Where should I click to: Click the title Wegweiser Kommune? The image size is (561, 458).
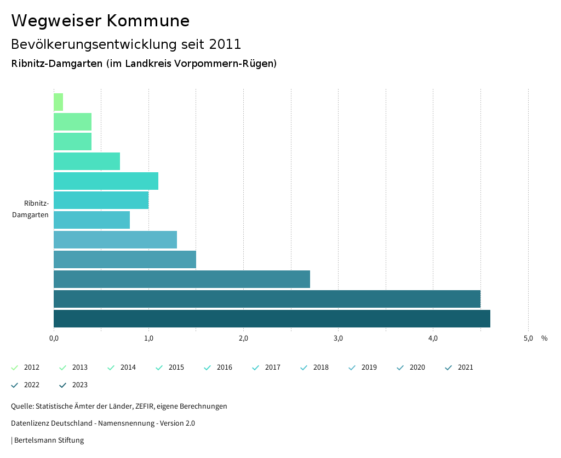[100, 21]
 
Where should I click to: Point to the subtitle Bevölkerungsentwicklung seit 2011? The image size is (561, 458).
[126, 44]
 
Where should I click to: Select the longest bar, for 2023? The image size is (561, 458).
[272, 319]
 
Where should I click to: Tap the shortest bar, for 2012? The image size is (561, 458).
[58, 102]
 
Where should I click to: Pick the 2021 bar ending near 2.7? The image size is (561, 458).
[182, 279]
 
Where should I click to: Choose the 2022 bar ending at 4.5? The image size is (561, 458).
[267, 299]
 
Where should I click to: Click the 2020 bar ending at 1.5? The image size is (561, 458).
[125, 259]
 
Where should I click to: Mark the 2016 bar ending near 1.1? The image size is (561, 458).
[106, 181]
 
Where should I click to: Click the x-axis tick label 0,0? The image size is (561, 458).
[54, 338]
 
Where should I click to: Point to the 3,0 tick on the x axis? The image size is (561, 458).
[338, 338]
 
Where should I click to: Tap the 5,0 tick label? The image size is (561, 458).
[528, 338]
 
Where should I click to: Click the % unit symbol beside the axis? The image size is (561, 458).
[544, 338]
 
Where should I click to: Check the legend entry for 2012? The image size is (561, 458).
[31, 367]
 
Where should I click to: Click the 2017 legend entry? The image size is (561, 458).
[272, 367]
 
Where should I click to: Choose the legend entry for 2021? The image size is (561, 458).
[465, 367]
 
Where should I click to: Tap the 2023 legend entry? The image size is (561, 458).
[79, 385]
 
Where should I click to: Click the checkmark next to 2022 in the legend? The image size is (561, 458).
[15, 385]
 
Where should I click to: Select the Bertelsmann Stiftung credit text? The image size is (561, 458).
[49, 440]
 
